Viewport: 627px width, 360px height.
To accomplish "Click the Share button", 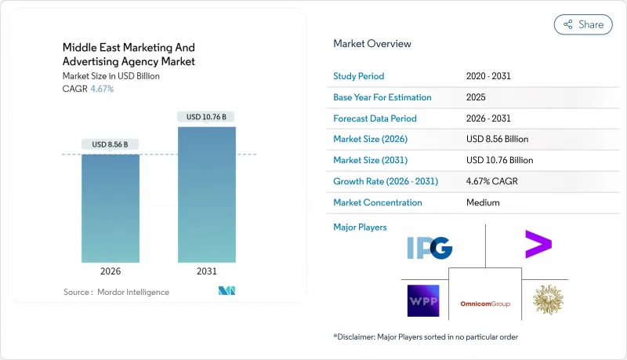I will tap(583, 24).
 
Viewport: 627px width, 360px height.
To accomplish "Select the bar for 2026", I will tap(111, 208).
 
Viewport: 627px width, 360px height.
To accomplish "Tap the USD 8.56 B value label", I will tap(111, 144).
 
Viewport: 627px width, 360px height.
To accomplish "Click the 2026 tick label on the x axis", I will tap(111, 271).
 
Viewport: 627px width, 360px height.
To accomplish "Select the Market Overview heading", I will tap(372, 44).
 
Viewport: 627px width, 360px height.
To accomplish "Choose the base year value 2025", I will tap(476, 97).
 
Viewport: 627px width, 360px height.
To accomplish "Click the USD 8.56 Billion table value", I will tap(497, 139).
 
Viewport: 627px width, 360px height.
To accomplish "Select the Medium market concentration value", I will tap(483, 202).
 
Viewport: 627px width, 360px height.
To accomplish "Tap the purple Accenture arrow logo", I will tap(538, 245).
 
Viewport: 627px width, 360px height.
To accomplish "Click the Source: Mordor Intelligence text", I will tap(116, 292).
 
